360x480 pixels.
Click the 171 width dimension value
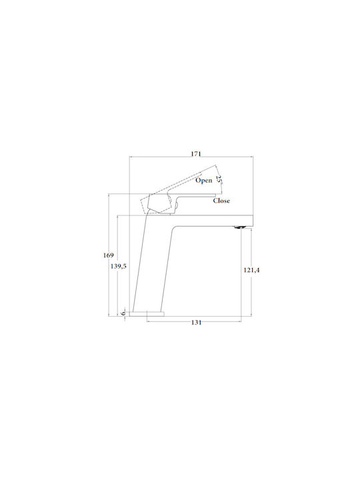(196, 154)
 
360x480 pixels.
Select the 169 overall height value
(108, 255)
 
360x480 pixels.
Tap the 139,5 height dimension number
(119, 266)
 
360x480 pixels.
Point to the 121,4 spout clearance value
(251, 270)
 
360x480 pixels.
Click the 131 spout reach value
(196, 323)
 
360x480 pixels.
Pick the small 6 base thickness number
(123, 313)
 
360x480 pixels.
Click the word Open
(204, 180)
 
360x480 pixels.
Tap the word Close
(221, 201)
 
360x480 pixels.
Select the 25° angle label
(219, 179)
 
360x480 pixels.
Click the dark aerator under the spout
(240, 227)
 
